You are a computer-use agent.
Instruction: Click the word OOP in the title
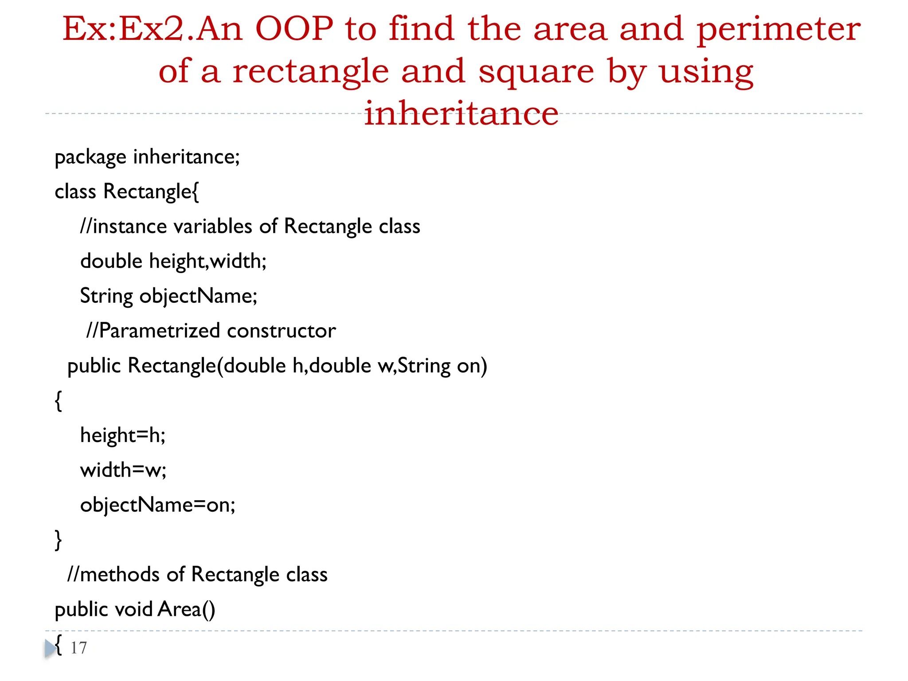pos(294,29)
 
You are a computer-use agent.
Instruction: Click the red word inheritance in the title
pos(461,113)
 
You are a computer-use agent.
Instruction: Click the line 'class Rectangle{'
pos(127,192)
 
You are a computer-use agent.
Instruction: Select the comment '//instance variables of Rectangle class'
pos(250,227)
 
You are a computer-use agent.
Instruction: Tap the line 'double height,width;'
pos(173,261)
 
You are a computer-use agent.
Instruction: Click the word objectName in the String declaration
pos(198,296)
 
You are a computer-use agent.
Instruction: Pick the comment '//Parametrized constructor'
pos(211,331)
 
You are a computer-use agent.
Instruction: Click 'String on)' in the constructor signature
pos(442,366)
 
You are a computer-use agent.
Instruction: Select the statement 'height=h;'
pos(123,435)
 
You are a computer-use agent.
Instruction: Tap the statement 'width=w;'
pos(123,470)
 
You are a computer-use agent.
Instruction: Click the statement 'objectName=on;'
pos(158,505)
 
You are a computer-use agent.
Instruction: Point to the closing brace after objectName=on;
pos(58,540)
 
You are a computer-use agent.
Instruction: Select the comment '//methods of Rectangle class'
pos(197,575)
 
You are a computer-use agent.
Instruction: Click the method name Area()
pos(186,610)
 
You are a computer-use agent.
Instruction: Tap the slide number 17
pos(79,648)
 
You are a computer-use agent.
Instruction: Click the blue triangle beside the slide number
pos(50,649)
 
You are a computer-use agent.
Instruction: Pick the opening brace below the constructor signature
pos(58,401)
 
